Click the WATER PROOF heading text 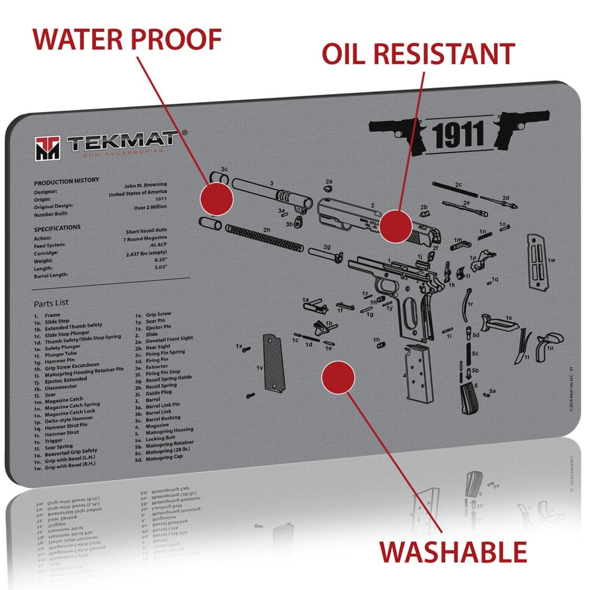pos(127,39)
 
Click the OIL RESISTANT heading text pos(418,54)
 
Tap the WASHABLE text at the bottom pos(453,551)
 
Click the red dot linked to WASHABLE pos(338,377)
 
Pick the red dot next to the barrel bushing pos(216,199)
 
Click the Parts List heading pos(51,303)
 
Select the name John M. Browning pos(146,185)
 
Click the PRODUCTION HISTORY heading pos(66,181)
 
